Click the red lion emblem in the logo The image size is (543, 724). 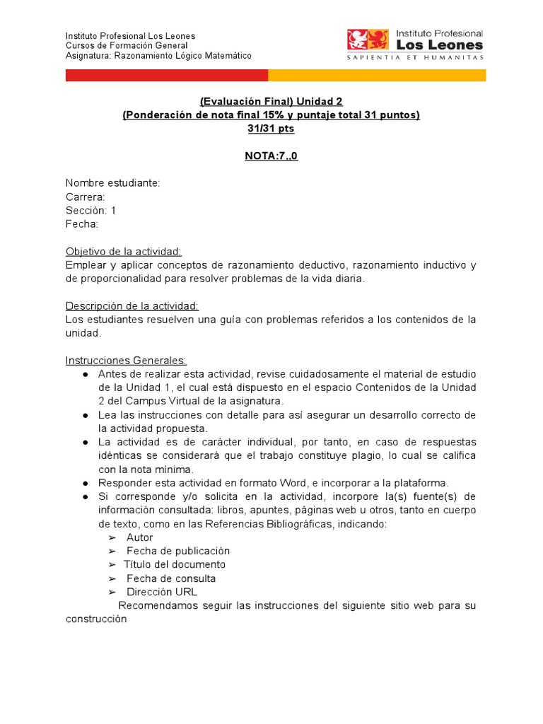click(368, 40)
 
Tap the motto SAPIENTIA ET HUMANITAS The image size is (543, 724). click(415, 58)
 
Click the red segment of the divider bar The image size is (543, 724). click(166, 75)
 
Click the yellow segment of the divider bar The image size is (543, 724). click(377, 75)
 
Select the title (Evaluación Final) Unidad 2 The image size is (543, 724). click(271, 102)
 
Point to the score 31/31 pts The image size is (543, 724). click(271, 129)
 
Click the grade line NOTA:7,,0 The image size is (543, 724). click(271, 156)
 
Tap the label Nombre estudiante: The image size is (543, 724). click(113, 183)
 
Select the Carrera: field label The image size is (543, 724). click(86, 197)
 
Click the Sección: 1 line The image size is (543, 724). click(90, 211)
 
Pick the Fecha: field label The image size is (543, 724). click(82, 224)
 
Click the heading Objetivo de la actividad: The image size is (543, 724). click(124, 251)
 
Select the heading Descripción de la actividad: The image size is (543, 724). click(132, 305)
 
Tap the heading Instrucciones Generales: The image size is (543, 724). click(126, 360)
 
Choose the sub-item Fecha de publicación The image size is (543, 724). click(178, 551)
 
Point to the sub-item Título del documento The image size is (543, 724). click(175, 564)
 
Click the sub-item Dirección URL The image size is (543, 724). click(162, 592)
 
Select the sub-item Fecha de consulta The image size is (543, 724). click(171, 578)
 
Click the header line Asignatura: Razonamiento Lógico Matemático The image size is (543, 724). click(158, 56)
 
